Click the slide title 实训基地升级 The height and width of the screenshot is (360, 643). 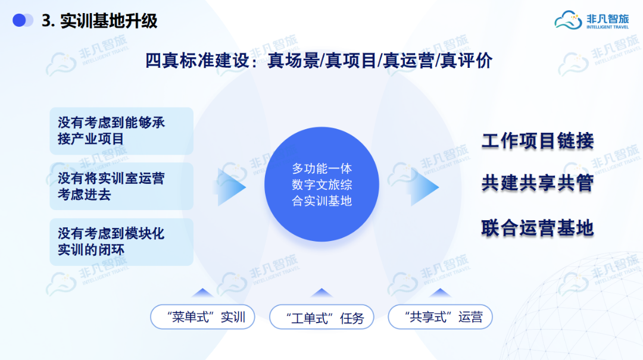pyautogui.click(x=109, y=21)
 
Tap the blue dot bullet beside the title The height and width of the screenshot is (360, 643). pyautogui.click(x=19, y=20)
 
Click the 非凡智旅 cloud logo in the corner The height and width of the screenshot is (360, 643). pyautogui.click(x=591, y=20)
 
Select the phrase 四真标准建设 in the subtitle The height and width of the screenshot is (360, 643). pyautogui.click(x=197, y=61)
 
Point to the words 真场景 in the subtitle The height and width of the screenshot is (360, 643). pyautogui.click(x=293, y=61)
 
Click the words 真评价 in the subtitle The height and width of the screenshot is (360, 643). pyautogui.click(x=466, y=61)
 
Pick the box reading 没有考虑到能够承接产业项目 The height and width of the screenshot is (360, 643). pyautogui.click(x=121, y=131)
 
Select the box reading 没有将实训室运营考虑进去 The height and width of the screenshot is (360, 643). pyautogui.click(x=121, y=186)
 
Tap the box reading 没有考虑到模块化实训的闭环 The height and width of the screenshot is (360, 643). pyautogui.click(x=121, y=242)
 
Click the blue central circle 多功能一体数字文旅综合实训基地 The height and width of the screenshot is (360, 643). pyautogui.click(x=321, y=184)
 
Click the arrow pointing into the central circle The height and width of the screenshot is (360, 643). pyautogui.click(x=231, y=187)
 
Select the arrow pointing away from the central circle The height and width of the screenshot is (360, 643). pyautogui.click(x=424, y=187)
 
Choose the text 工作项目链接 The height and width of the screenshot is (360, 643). pyautogui.click(x=538, y=140)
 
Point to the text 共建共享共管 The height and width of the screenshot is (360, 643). pyautogui.click(x=538, y=183)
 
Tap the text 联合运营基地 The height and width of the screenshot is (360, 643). pyautogui.click(x=538, y=228)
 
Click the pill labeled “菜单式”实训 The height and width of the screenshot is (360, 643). pyautogui.click(x=202, y=317)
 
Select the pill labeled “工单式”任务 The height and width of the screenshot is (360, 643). pyautogui.click(x=321, y=317)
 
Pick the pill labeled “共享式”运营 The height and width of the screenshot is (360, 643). pyautogui.click(x=440, y=317)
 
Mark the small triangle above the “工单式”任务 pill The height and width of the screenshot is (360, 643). pyautogui.click(x=321, y=293)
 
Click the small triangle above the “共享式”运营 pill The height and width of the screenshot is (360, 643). pyautogui.click(x=440, y=293)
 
